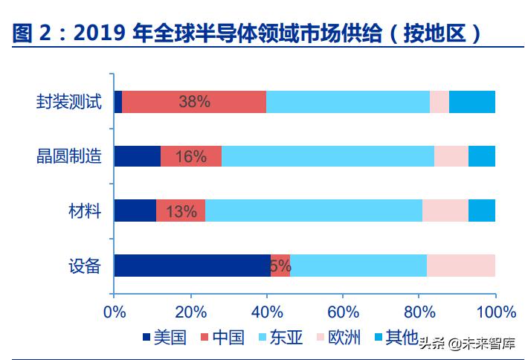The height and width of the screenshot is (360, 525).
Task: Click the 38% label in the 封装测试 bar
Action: click(194, 102)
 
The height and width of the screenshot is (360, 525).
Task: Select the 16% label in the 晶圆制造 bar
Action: click(190, 156)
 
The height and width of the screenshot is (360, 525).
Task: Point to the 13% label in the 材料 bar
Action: click(181, 211)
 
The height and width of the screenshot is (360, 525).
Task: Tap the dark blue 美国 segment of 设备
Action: click(192, 266)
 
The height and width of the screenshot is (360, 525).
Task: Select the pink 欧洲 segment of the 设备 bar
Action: click(461, 266)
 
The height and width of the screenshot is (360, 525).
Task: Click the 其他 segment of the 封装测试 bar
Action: click(472, 102)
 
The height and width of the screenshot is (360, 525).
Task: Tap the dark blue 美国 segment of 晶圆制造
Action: click(137, 156)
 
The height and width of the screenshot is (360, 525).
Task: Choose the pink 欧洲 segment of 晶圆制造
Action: click(451, 156)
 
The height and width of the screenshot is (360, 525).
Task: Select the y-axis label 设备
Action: click(84, 266)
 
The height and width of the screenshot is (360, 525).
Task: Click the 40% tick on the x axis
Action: click(267, 311)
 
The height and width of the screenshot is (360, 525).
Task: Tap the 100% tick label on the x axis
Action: click(495, 311)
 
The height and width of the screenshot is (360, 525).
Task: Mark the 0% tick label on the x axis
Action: click(115, 311)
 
